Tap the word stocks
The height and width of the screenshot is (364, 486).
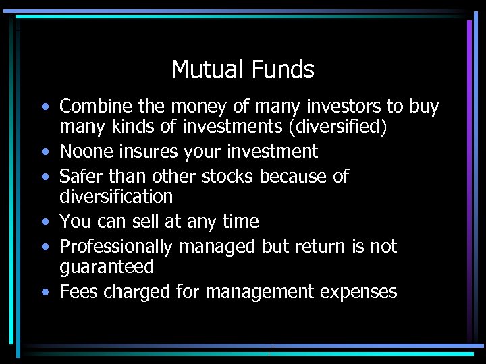coord(223,177)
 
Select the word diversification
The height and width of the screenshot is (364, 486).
coord(116,197)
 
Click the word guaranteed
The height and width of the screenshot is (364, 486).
coord(106,267)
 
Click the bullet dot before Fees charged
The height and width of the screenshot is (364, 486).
coord(44,293)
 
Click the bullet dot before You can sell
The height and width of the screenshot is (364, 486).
coord(44,222)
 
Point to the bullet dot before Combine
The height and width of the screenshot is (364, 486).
coord(44,107)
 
